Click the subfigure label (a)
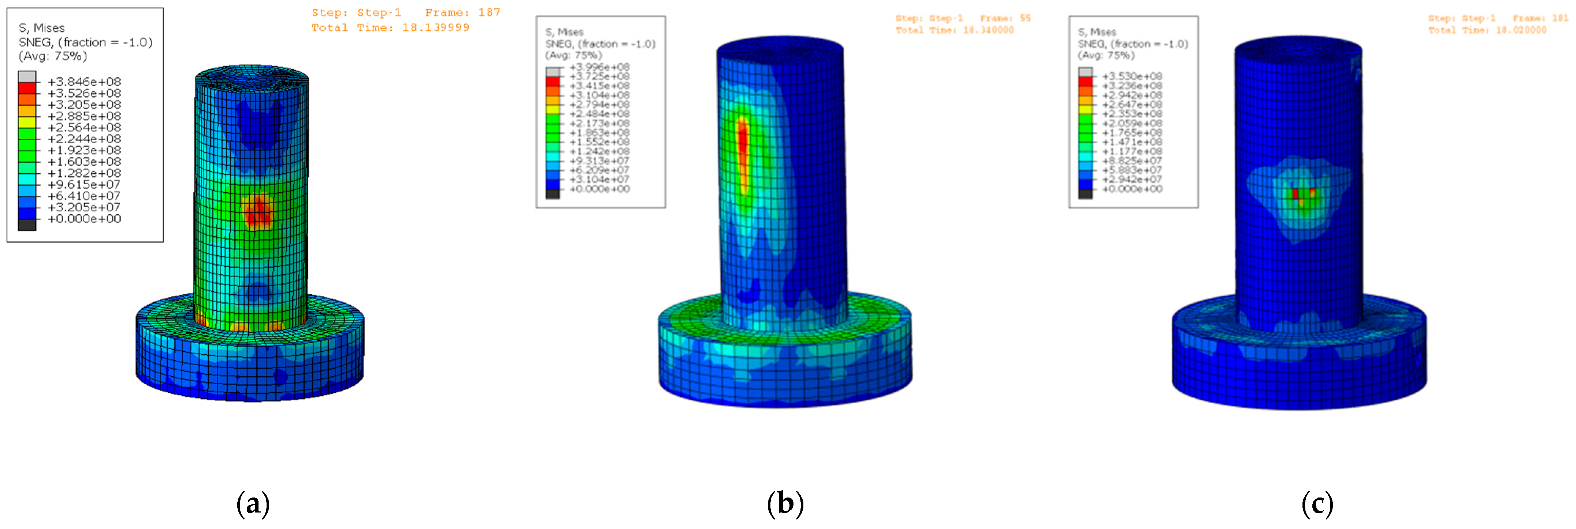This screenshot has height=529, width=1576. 253,504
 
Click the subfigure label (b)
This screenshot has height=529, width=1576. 785,504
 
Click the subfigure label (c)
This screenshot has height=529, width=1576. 1317,504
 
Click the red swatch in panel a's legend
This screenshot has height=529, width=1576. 27,88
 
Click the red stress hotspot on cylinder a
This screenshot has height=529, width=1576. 257,212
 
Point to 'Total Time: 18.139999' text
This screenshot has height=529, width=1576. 390,27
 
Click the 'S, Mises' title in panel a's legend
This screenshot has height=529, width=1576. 42,27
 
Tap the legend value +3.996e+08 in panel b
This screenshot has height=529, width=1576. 599,67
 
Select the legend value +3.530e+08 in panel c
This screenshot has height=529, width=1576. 1132,76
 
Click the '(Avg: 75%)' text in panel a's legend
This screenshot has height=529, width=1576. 53,56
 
